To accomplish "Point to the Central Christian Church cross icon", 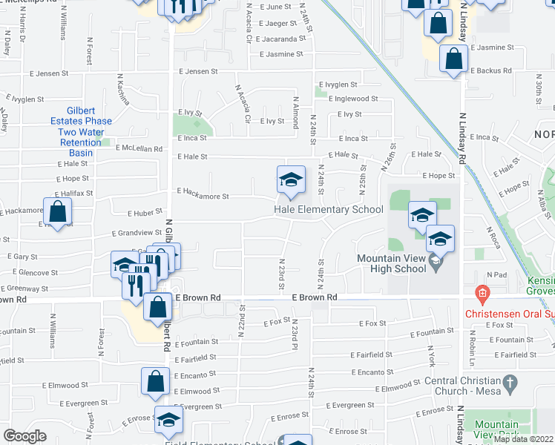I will (509, 383).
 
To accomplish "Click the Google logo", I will (24, 436).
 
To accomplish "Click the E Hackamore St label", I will (203, 197).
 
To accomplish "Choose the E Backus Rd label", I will (490, 71).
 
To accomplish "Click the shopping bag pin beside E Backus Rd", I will (453, 59).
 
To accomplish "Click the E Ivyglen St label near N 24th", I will (338, 85).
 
